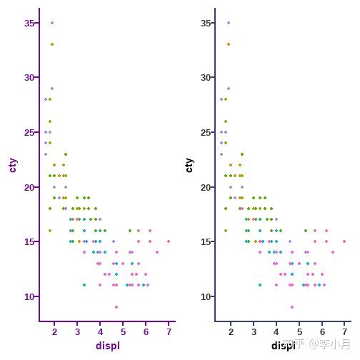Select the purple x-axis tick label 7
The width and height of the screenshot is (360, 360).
tap(169, 332)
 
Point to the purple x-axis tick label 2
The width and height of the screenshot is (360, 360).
tap(54, 332)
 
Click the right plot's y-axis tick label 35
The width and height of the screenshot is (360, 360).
tap(206, 23)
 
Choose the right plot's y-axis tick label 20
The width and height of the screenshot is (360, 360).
tap(206, 187)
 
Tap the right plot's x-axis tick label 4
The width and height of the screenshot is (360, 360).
tap(276, 332)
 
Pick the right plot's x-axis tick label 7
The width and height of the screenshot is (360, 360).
tap(344, 332)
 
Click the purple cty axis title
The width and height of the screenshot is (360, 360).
tap(13, 165)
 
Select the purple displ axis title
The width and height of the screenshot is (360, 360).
tap(108, 346)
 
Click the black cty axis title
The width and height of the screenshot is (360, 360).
tap(189, 165)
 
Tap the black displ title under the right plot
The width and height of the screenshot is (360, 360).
tap(283, 346)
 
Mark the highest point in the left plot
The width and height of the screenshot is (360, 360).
tap(51, 23)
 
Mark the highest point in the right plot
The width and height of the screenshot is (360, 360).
tap(228, 23)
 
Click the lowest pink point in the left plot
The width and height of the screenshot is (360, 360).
tap(116, 307)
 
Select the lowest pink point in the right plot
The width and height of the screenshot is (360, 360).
tap(292, 307)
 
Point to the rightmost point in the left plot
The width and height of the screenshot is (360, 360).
tap(169, 241)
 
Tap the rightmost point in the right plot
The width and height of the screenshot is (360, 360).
tap(344, 241)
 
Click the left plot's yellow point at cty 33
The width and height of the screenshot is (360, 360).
tap(51, 44)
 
